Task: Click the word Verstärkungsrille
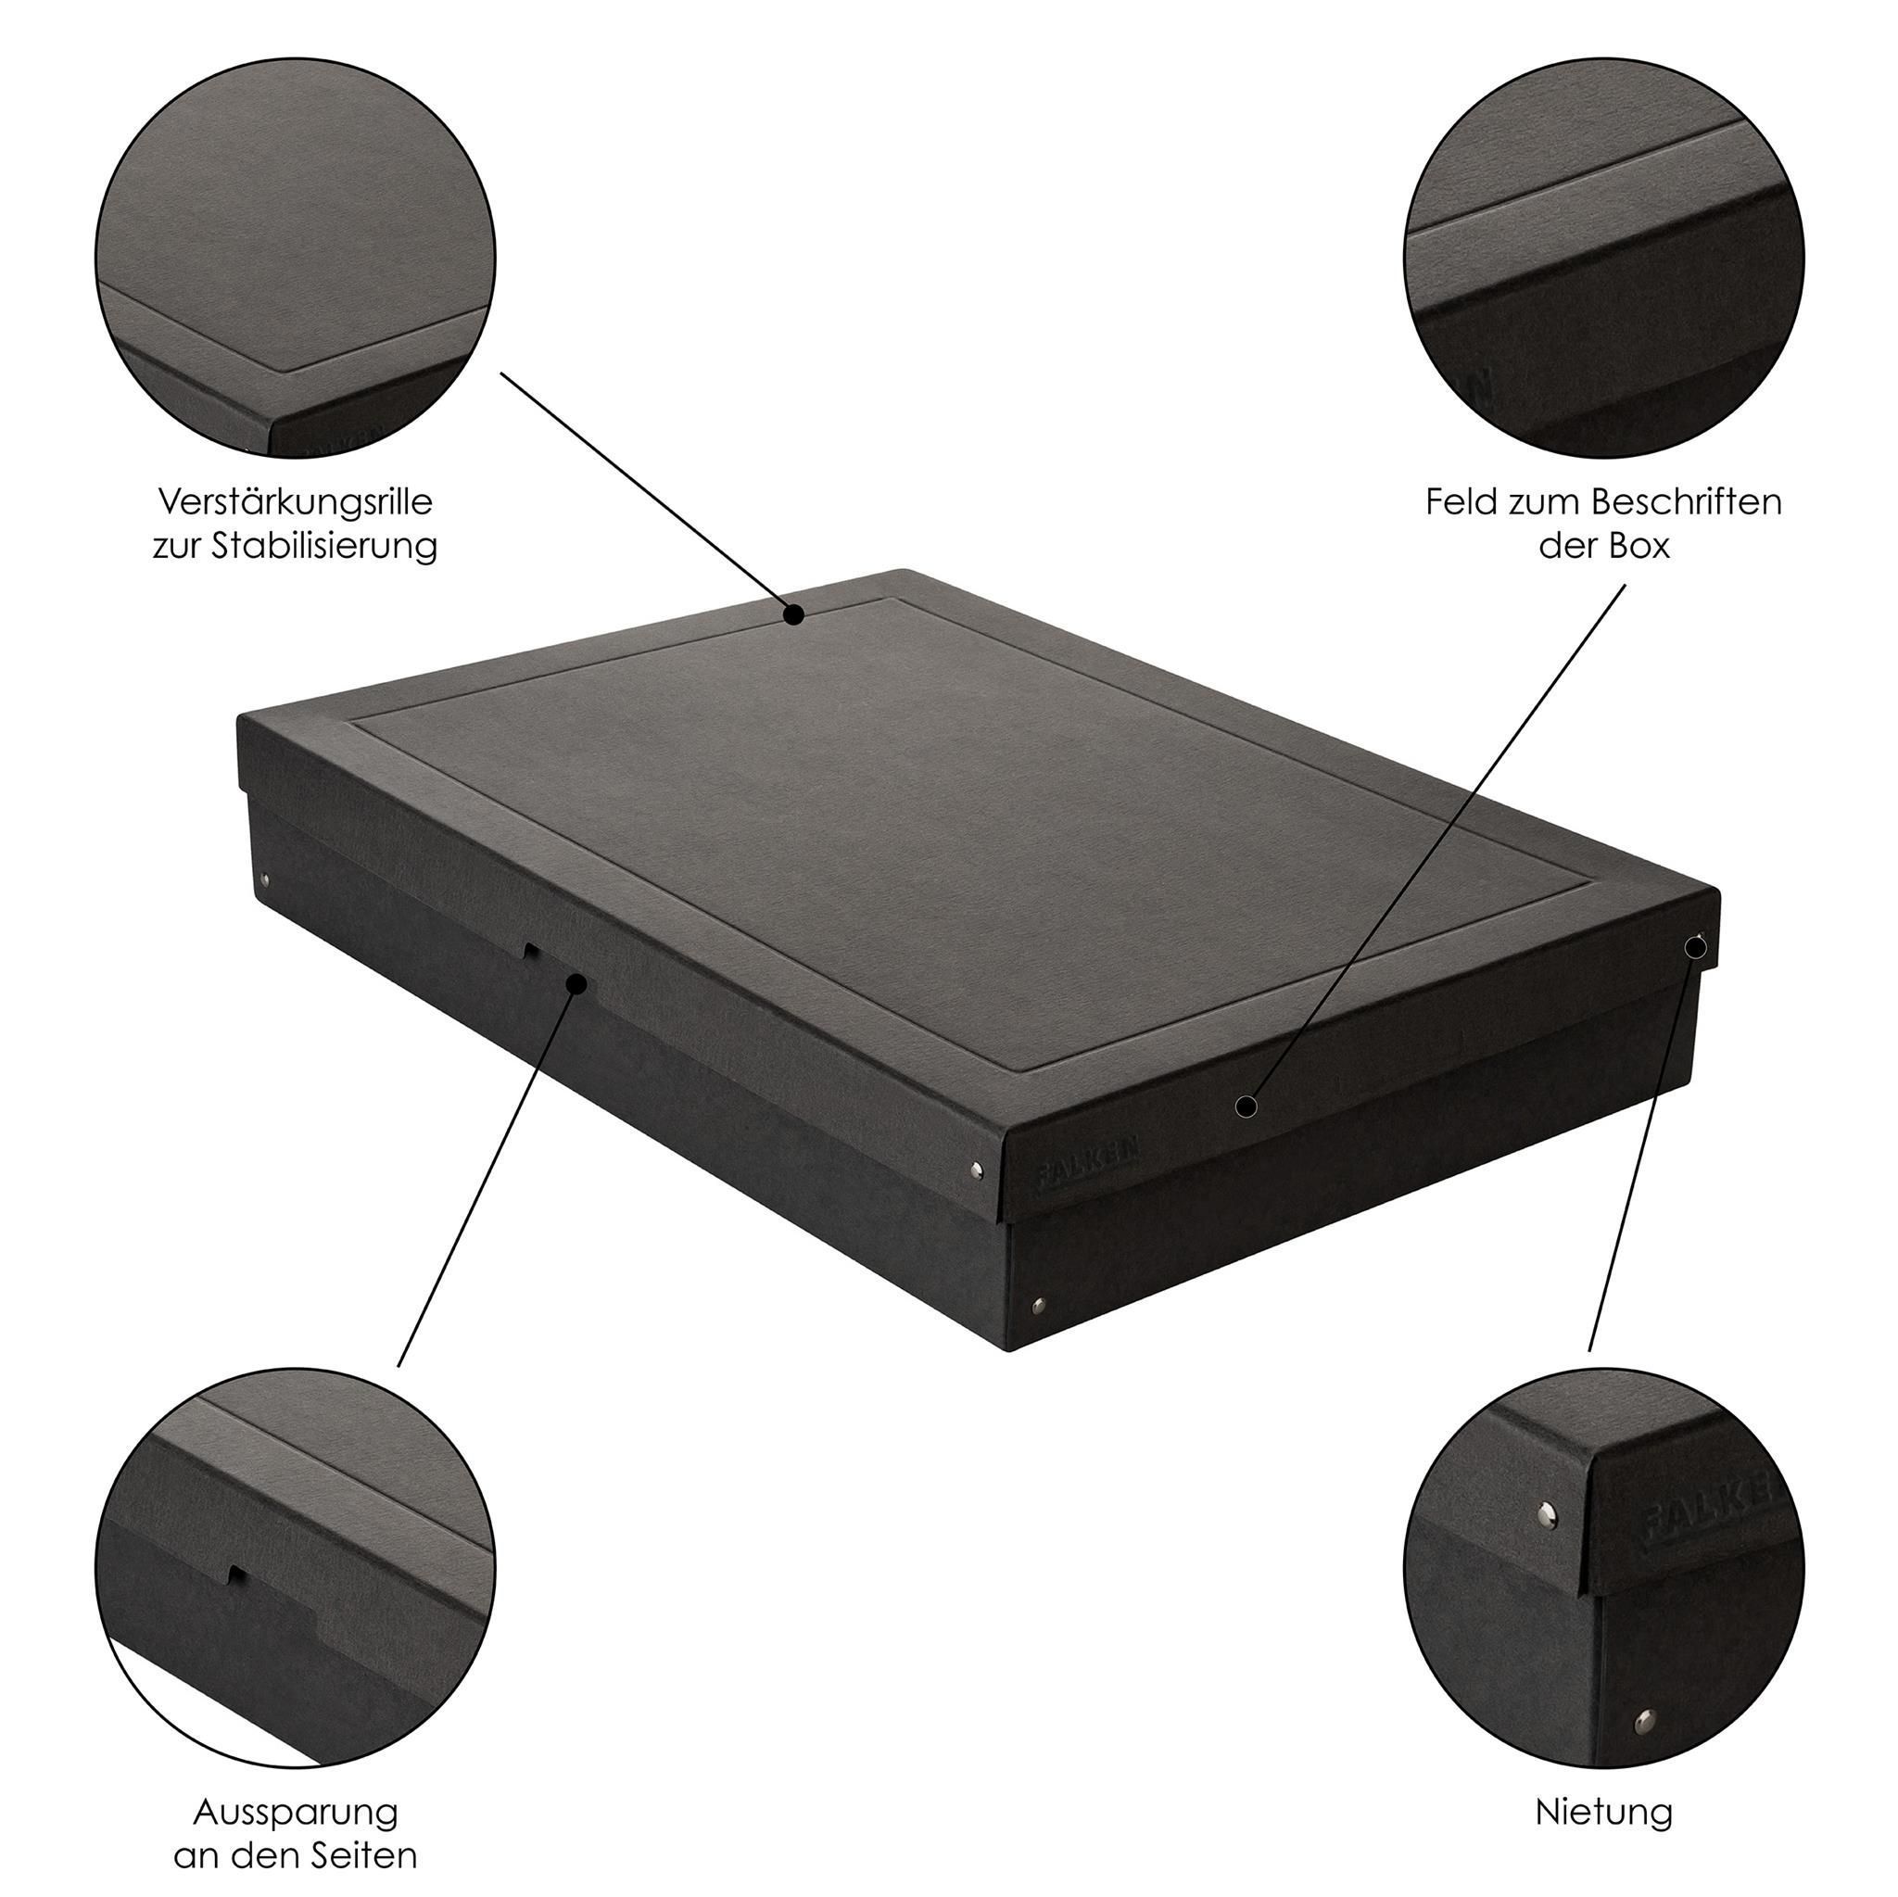pyautogui.click(x=295, y=503)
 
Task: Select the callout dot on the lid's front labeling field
pyautogui.click(x=1246, y=1107)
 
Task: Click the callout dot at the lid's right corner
pyautogui.click(x=1696, y=948)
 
